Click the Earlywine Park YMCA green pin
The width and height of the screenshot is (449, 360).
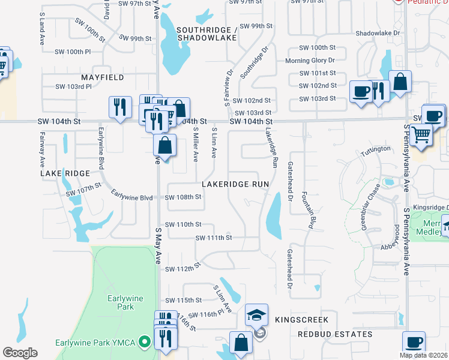click(x=144, y=343)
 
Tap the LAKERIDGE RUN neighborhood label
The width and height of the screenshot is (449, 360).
click(x=235, y=184)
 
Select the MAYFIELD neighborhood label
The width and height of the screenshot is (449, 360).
click(x=103, y=77)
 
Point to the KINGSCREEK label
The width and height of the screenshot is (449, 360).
click(x=294, y=321)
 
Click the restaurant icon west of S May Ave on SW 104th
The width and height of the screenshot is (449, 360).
click(x=120, y=107)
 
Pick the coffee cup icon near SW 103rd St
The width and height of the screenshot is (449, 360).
click(x=361, y=91)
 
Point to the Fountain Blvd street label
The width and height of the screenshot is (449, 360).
click(x=307, y=211)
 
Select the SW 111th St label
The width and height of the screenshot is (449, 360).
click(x=214, y=238)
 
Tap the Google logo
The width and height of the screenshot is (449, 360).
click(x=20, y=352)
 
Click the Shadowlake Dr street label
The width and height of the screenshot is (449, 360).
click(x=378, y=34)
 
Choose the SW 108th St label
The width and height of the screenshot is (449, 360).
click(x=183, y=197)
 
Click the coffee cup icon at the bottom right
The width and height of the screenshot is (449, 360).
click(x=414, y=342)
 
